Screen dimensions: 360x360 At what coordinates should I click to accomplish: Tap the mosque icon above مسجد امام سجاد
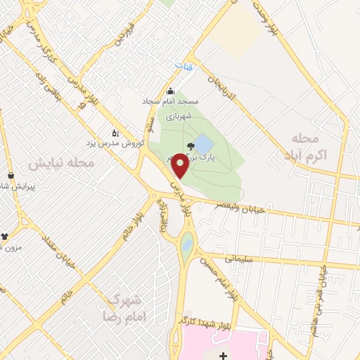(169, 91)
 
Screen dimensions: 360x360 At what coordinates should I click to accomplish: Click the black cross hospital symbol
(223, 356)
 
